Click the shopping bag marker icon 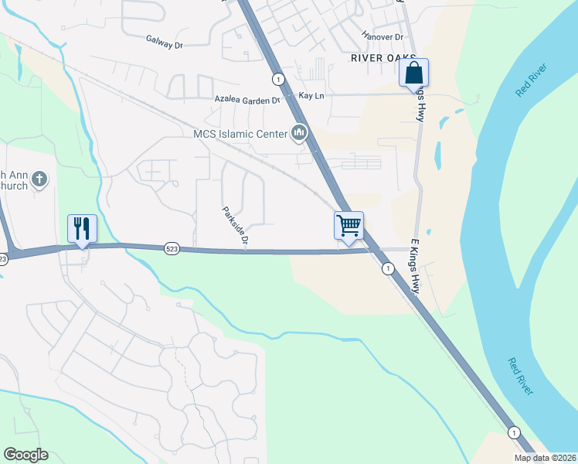pyautogui.click(x=413, y=73)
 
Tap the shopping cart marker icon pyautogui.click(x=348, y=226)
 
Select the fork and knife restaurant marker pyautogui.click(x=82, y=228)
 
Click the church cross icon pyautogui.click(x=40, y=180)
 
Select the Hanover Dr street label pyautogui.click(x=382, y=36)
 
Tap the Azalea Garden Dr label pyautogui.click(x=248, y=101)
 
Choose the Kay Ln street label pyautogui.click(x=311, y=95)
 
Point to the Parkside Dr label pyautogui.click(x=235, y=226)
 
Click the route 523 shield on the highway pyautogui.click(x=172, y=248)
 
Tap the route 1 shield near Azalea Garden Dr pyautogui.click(x=277, y=79)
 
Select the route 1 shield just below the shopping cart pyautogui.click(x=387, y=268)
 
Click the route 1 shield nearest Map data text pyautogui.click(x=513, y=432)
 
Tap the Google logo pyautogui.click(x=25, y=455)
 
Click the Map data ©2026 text pyautogui.click(x=545, y=458)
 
